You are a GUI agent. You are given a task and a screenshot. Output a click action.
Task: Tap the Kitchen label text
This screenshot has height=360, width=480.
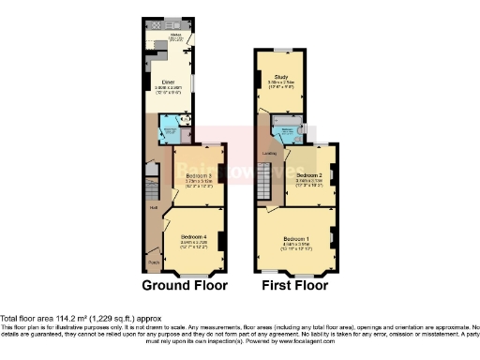[174, 35]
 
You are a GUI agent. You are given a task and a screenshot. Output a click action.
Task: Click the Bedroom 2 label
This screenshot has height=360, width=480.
[308, 174]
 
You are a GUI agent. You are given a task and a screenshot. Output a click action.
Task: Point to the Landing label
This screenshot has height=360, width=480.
[269, 156]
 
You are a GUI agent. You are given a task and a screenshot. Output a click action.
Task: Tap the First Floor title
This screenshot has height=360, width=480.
[292, 284]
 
